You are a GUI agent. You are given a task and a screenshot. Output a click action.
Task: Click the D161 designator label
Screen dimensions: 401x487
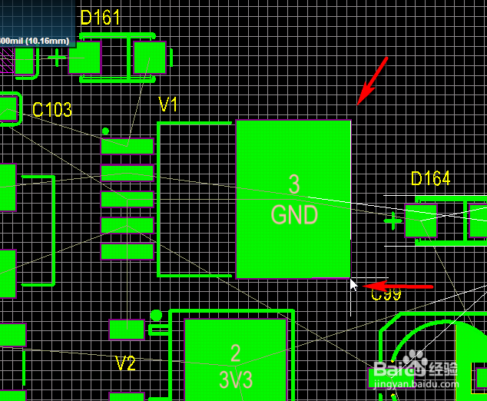[100, 18]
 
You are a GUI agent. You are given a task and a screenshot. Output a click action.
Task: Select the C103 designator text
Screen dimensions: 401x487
[52, 110]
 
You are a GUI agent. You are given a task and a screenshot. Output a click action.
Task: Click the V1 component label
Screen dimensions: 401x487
[168, 104]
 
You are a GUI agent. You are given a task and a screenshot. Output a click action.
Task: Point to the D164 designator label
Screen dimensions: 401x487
[430, 179]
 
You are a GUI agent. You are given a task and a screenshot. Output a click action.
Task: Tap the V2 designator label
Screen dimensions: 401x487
[125, 363]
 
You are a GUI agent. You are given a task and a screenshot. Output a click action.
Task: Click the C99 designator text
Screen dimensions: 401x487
[386, 293]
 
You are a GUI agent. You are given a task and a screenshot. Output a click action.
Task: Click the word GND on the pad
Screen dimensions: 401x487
[294, 214]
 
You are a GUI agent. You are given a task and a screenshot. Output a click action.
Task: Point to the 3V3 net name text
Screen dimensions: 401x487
[236, 379]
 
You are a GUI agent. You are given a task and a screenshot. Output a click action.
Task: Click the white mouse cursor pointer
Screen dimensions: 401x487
[353, 285]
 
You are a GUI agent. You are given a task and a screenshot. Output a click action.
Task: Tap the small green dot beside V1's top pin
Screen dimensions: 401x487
[105, 131]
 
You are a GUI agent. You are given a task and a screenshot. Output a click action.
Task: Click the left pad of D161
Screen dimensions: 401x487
[84, 58]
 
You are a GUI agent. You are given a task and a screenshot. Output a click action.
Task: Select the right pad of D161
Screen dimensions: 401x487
[150, 58]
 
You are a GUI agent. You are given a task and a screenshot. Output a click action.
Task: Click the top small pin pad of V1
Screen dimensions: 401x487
[127, 145]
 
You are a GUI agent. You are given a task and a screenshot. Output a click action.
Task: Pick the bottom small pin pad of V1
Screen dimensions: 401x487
[127, 251]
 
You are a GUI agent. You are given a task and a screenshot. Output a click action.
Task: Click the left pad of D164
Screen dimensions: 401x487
[421, 220]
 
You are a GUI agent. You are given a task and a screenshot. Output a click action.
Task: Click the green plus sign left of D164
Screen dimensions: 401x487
[393, 221]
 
